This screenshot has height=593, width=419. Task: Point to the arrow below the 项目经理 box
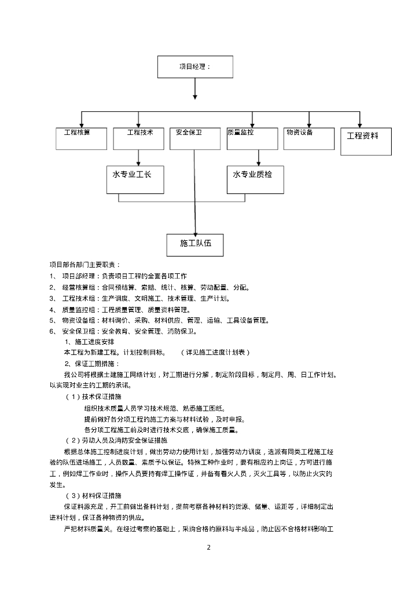tap(195, 89)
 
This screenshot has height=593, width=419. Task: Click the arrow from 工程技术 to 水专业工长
tap(139, 158)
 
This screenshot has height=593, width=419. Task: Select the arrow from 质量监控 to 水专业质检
tap(259, 158)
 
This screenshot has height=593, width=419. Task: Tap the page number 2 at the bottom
tap(208, 547)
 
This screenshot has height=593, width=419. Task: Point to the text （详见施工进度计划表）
tap(215, 353)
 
